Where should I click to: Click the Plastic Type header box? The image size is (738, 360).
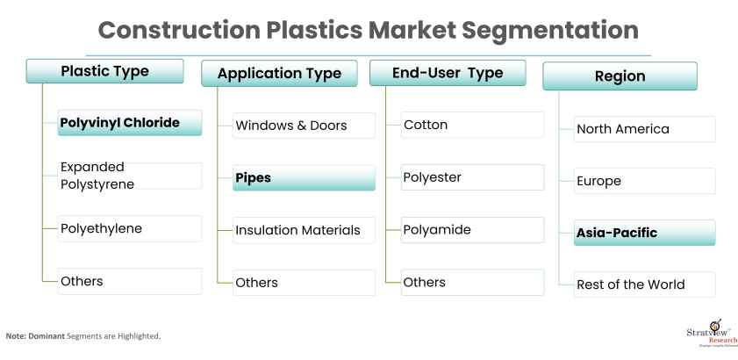pos(105,71)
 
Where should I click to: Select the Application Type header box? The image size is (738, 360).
pos(279,74)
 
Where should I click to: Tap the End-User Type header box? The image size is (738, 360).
pos(448,73)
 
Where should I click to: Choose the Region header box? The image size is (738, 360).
pos(620,76)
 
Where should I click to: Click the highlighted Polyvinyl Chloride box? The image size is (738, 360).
pos(130,123)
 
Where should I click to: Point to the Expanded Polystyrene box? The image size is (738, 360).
pos(130,176)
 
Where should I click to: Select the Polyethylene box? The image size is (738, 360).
pos(130,228)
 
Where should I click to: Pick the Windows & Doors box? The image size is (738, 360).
pos(304,126)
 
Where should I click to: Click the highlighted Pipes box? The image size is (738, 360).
pos(304,177)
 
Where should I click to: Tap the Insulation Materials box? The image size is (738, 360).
pos(304,230)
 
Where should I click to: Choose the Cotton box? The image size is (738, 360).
pos(472,125)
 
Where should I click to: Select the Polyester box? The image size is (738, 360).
pos(472,177)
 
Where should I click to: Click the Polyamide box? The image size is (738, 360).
pos(472,230)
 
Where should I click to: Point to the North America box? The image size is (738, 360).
pos(645,129)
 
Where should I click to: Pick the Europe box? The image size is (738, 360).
pos(645,181)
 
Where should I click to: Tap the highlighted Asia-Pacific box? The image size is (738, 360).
pos(645,233)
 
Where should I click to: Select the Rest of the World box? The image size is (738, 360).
pos(645,284)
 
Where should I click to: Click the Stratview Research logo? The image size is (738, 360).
pos(712,334)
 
